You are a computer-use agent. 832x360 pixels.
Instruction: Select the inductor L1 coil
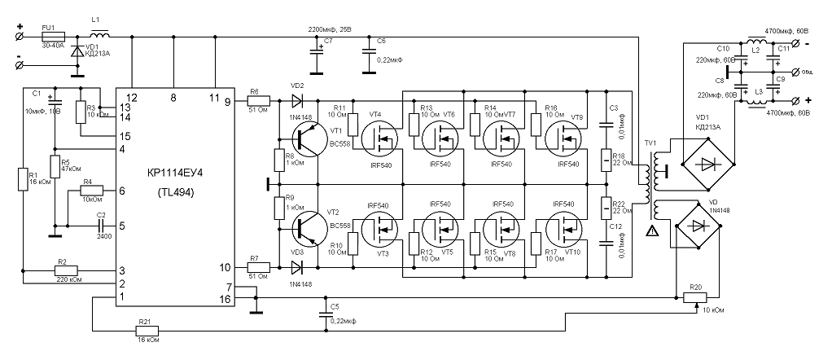[101, 37]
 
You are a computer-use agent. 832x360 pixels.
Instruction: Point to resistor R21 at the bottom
[146, 331]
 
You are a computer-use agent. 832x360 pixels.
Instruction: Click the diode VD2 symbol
[297, 102]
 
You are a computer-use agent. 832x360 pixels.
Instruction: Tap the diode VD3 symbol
[297, 266]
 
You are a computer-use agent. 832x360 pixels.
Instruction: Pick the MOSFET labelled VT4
[378, 141]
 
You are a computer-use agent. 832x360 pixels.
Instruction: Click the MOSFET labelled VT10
[562, 227]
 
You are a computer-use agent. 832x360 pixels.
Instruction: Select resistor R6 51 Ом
[255, 102]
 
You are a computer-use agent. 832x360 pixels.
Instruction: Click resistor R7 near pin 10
[255, 266]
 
